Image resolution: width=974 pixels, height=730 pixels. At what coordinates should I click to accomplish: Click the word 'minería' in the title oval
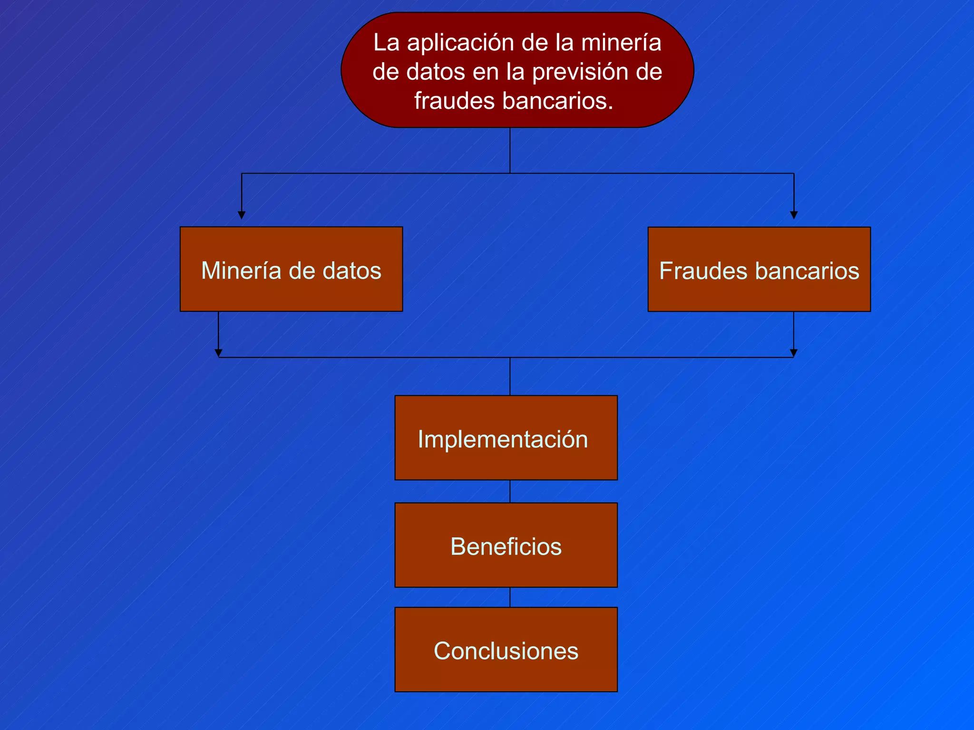click(x=621, y=43)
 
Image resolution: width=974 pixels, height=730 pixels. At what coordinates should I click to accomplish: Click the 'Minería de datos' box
click(x=291, y=269)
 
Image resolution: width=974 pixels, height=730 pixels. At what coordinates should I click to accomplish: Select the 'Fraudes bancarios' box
click(x=759, y=269)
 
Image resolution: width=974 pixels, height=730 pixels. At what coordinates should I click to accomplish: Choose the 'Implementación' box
click(x=506, y=438)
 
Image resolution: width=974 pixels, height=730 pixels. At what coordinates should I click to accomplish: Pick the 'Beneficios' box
click(x=506, y=545)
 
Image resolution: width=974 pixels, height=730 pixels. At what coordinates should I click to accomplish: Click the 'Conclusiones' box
click(x=506, y=649)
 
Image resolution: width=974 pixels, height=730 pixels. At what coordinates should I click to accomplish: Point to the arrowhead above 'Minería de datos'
click(x=242, y=215)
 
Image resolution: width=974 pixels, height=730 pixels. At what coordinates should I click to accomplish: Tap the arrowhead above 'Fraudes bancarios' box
click(x=794, y=215)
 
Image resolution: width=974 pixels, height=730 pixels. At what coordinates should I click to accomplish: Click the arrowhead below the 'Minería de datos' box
click(x=218, y=353)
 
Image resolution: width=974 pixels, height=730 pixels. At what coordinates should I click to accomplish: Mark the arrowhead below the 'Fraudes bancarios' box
click(x=793, y=353)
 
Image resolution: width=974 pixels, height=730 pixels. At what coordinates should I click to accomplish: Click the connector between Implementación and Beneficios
click(x=510, y=491)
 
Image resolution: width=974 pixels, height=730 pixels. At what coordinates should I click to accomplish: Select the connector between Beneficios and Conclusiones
click(x=510, y=597)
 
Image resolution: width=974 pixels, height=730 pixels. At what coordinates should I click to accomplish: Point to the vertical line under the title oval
click(x=510, y=150)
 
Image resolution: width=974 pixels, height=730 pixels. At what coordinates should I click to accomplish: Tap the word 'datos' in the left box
click(x=352, y=271)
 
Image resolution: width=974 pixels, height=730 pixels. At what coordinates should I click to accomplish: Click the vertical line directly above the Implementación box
click(x=510, y=376)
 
